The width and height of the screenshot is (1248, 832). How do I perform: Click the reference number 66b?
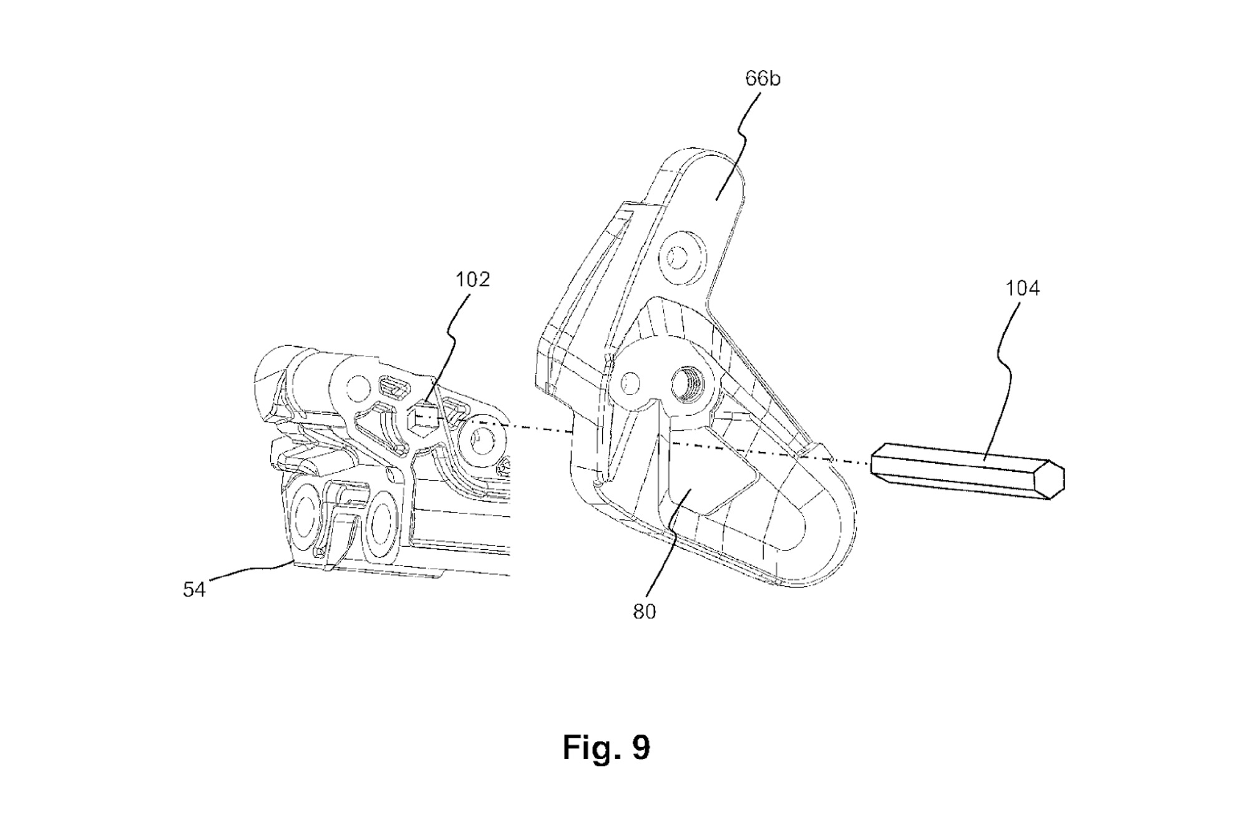click(x=762, y=79)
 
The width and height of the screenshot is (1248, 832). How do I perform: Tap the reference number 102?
click(x=472, y=279)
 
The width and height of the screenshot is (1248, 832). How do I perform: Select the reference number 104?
click(x=1022, y=288)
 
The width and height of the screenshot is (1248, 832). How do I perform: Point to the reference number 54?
click(x=193, y=589)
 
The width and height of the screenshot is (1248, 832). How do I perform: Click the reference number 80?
click(x=645, y=612)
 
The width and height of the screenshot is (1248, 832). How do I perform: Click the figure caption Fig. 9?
click(x=606, y=747)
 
